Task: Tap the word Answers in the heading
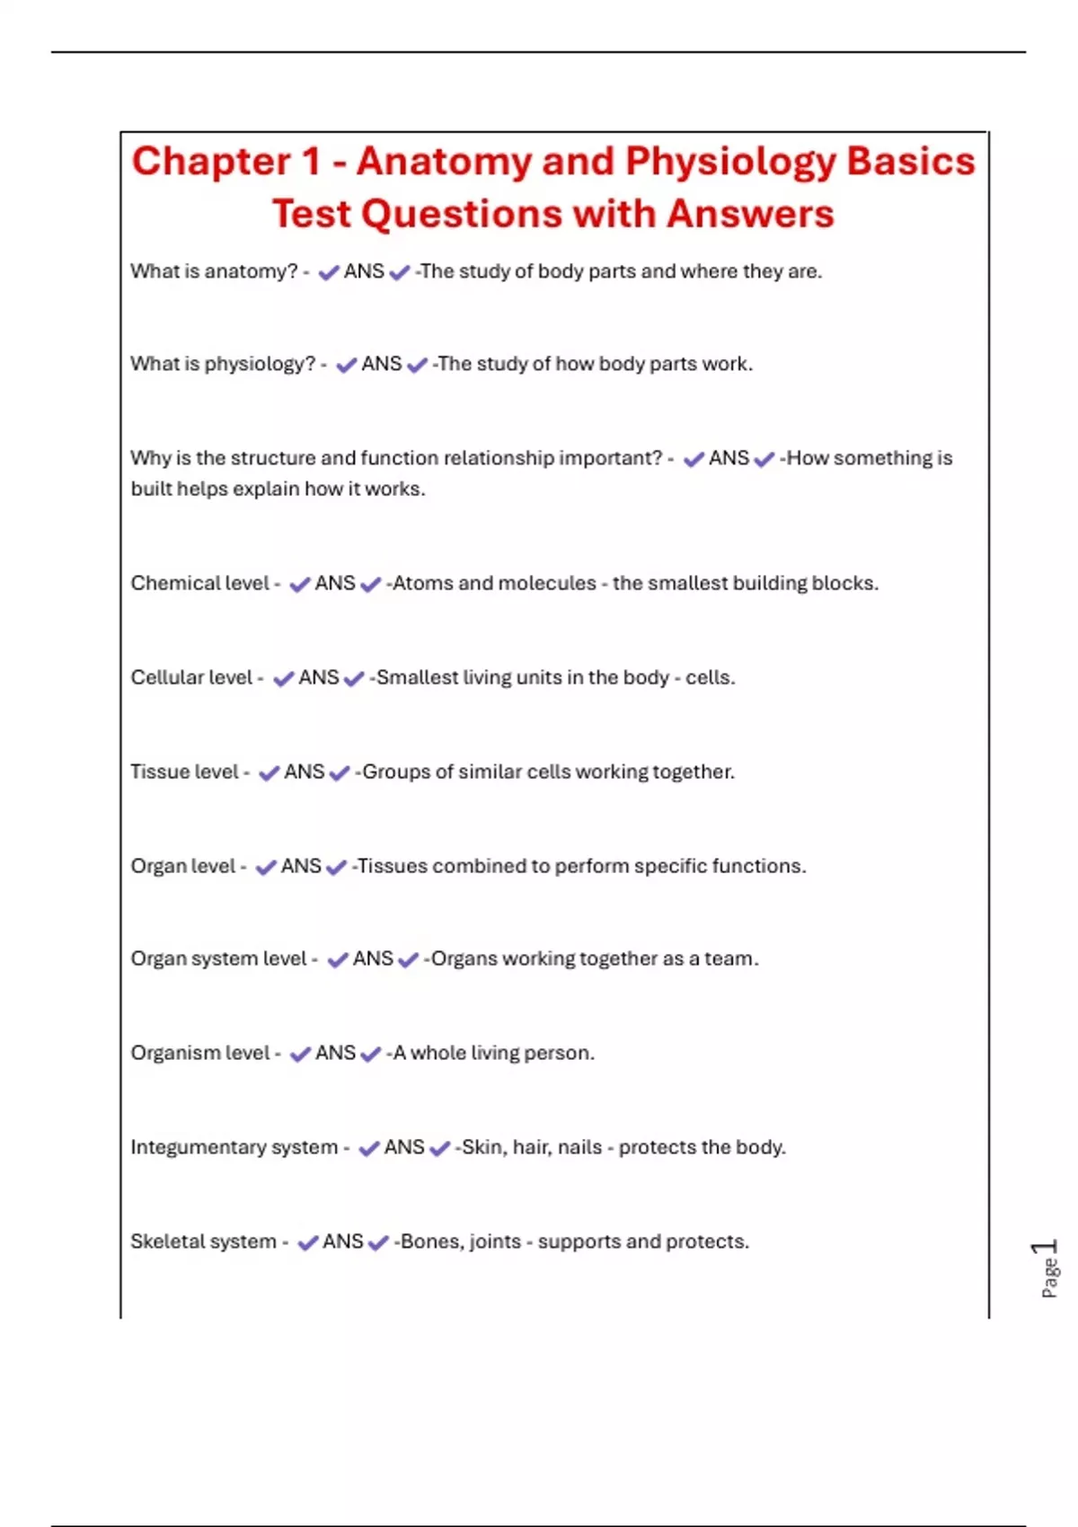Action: click(750, 215)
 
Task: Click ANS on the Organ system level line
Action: click(373, 958)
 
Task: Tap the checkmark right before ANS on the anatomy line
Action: click(329, 272)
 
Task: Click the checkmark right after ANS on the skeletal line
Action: click(378, 1242)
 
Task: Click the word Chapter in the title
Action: click(212, 163)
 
